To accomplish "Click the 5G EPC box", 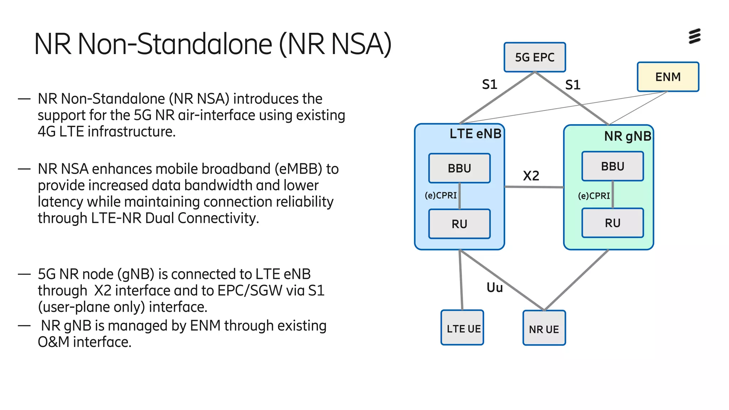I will coord(534,57).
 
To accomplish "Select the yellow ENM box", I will coord(668,77).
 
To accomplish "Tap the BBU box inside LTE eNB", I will coord(459,168).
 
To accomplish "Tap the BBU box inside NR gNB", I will coord(612,166).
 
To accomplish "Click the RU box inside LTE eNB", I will coord(459,224).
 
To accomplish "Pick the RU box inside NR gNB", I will coord(612,223).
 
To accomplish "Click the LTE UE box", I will coord(462,328).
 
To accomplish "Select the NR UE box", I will coord(544,328).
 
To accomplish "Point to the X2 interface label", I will coord(531,176).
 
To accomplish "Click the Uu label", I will coord(494,288).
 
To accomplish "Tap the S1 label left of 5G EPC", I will coord(489,85).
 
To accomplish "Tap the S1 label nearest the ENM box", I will coord(573,85).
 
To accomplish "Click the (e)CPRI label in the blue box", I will coord(441,195).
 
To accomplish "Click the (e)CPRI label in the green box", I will coord(594,196).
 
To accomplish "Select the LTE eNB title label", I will coord(475,134).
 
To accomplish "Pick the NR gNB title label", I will coord(628,136).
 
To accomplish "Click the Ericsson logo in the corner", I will coord(694,36).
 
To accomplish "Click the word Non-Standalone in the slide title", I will coord(175,44).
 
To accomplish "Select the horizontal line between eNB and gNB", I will coord(534,187).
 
